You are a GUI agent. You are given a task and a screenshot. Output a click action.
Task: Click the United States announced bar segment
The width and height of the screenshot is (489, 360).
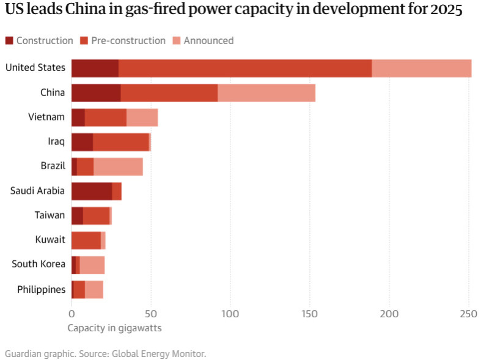(x=422, y=68)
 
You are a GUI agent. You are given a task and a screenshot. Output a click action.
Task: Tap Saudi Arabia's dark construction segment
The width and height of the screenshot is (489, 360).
(x=92, y=191)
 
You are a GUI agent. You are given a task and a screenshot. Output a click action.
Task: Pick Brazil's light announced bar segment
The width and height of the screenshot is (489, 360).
(x=118, y=166)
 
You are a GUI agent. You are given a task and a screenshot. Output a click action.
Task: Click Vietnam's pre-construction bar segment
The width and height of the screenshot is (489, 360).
(x=105, y=117)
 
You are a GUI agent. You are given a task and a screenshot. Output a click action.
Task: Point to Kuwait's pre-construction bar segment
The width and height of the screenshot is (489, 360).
(x=86, y=240)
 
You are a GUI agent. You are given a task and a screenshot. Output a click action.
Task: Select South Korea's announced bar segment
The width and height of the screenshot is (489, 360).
(x=92, y=265)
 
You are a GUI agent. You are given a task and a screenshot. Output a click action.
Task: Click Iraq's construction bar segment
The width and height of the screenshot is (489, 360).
(x=82, y=142)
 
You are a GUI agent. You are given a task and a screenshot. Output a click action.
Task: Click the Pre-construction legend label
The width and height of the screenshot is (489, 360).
(x=128, y=41)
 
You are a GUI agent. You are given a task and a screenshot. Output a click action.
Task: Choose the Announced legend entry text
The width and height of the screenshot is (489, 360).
(x=208, y=41)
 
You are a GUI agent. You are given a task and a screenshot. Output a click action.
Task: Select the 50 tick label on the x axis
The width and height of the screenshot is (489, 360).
(x=151, y=314)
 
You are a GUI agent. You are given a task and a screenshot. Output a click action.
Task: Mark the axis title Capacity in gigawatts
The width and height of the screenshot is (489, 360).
(x=114, y=328)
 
